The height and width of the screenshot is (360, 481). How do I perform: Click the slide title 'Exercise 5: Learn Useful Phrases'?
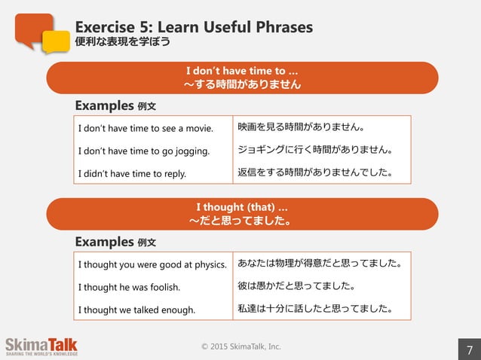[194, 28]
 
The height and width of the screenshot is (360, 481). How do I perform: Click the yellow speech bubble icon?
[55, 42]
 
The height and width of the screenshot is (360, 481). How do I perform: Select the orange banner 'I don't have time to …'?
[242, 78]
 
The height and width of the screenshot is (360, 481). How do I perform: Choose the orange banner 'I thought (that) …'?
[242, 214]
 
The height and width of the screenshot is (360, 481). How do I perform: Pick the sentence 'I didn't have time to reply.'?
[131, 174]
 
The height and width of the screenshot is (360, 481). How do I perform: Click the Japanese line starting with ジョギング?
[314, 150]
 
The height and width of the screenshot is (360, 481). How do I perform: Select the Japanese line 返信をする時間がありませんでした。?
[314, 173]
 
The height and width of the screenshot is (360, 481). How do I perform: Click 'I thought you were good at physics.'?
[152, 264]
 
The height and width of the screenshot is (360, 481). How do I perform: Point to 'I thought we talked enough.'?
[136, 310]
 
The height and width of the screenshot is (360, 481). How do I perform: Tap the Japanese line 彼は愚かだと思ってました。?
[296, 286]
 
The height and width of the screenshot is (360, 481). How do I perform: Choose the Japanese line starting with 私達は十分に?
[314, 309]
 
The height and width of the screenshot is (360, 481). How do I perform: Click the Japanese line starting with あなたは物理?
[319, 264]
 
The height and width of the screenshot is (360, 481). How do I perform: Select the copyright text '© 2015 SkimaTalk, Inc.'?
[241, 346]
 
